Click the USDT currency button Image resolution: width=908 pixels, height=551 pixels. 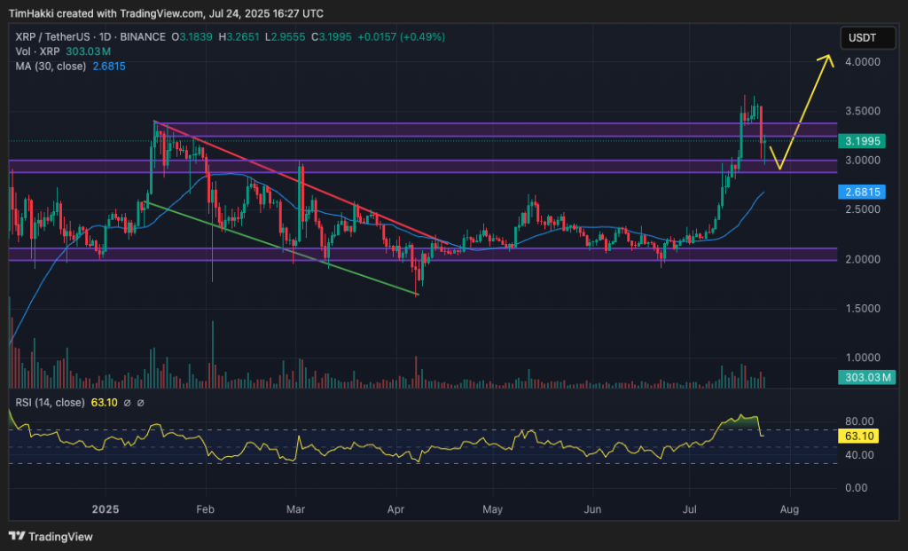[x=863, y=37]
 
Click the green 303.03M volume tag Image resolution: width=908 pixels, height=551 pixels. [x=866, y=378]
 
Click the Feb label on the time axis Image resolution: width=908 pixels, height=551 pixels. [x=205, y=510]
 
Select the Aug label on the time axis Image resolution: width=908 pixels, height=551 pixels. [x=790, y=510]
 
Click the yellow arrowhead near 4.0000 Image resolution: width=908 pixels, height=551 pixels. [x=828, y=59]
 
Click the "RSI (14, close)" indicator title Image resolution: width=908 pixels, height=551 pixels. [x=50, y=402]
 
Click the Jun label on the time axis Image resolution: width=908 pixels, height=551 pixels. [x=593, y=510]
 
